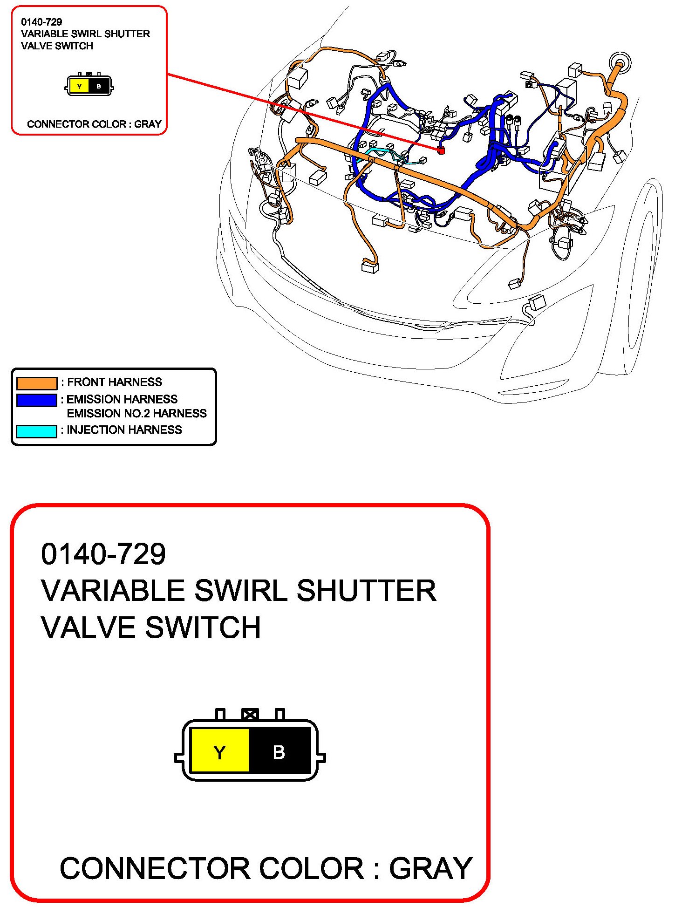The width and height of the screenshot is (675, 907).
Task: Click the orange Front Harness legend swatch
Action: click(x=37, y=383)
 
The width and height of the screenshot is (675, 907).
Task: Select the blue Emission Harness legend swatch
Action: click(x=37, y=400)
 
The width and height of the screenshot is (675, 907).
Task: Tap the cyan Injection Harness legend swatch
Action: click(x=37, y=431)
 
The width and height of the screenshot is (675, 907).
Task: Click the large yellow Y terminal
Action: click(x=220, y=751)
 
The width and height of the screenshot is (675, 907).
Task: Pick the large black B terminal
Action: click(x=280, y=751)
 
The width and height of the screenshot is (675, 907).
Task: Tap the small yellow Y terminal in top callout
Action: click(x=79, y=86)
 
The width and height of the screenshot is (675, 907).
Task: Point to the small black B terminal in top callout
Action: click(x=99, y=86)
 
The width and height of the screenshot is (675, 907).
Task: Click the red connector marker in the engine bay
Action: click(x=441, y=150)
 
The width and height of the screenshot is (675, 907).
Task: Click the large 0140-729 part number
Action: click(x=103, y=554)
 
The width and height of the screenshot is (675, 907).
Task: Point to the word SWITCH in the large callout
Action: click(x=203, y=627)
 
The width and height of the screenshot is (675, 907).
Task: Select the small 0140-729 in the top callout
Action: click(x=41, y=22)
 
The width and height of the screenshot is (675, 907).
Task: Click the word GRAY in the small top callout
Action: click(x=148, y=124)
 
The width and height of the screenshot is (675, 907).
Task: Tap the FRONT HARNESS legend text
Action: click(x=115, y=382)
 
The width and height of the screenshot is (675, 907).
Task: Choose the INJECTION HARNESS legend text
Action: click(x=124, y=430)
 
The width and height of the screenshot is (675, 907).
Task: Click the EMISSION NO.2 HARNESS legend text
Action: click(x=136, y=414)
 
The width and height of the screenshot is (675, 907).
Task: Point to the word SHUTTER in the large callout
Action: click(x=367, y=591)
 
